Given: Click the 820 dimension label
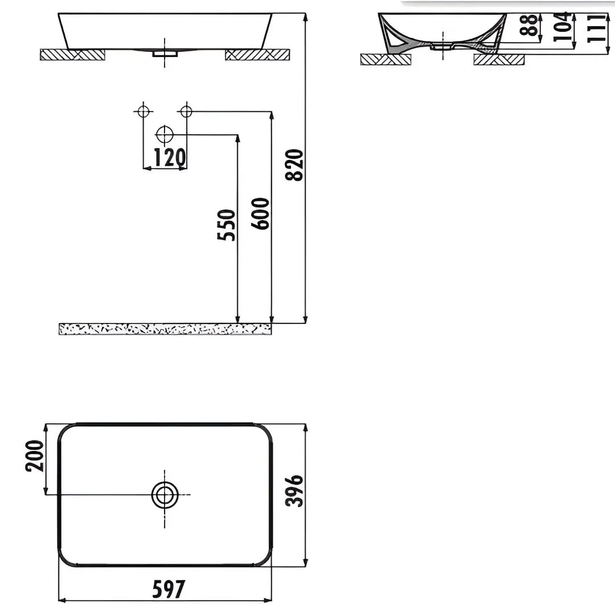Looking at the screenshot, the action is (x=294, y=165).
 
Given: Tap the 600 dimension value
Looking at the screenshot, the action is (x=260, y=214).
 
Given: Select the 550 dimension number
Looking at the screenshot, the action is (x=226, y=225).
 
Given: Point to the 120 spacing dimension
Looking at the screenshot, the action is (x=170, y=158).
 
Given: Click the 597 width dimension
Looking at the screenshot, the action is (x=168, y=589).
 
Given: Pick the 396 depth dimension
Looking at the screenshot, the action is (x=294, y=491).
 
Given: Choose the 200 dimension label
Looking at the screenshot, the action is (x=35, y=456).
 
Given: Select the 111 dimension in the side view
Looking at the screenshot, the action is (x=596, y=28).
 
